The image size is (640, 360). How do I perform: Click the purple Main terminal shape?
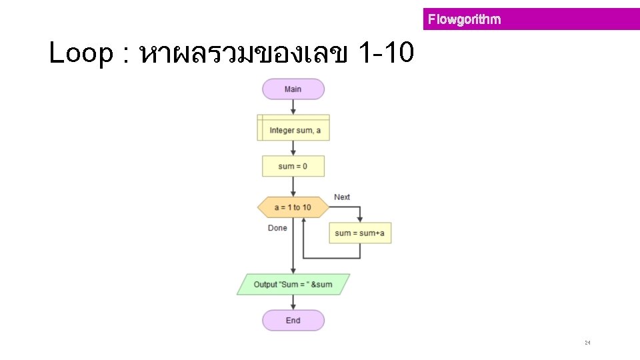click(x=293, y=89)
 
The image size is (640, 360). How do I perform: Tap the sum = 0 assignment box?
click(x=293, y=166)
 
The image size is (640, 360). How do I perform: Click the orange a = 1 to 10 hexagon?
click(x=293, y=207)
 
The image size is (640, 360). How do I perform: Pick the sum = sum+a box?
click(x=360, y=233)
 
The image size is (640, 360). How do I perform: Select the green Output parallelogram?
click(x=293, y=285)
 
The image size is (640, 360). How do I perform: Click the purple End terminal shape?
click(x=293, y=321)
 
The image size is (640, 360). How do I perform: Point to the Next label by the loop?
click(x=342, y=197)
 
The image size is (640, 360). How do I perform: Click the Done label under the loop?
click(x=277, y=228)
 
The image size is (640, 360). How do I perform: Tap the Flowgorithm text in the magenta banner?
click(x=464, y=19)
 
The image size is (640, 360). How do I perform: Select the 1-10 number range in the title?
click(x=386, y=54)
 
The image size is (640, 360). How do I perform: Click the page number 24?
click(x=587, y=343)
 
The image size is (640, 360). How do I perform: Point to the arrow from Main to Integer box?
click(x=293, y=107)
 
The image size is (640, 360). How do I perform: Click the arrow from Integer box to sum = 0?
click(x=293, y=148)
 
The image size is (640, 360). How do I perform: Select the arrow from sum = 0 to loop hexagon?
click(x=293, y=187)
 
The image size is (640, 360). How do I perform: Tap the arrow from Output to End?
click(x=293, y=303)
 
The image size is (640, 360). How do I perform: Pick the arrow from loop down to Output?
click(x=293, y=253)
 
